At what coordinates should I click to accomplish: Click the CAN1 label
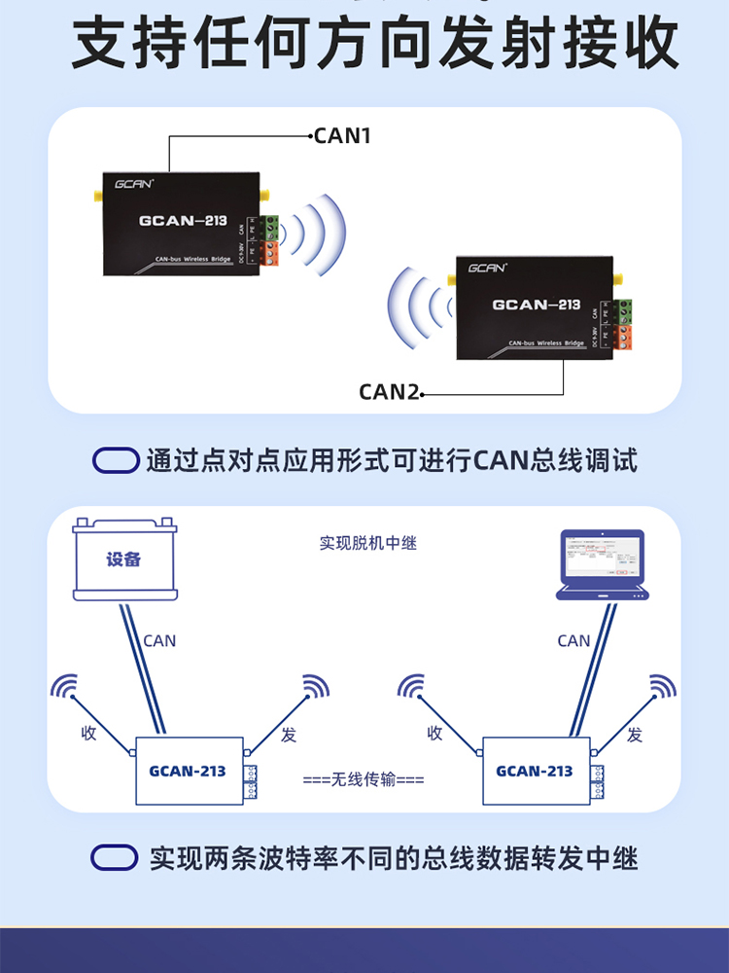343,136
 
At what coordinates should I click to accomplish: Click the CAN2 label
389,392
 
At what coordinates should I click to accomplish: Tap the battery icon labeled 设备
124,559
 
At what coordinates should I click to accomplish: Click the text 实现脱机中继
367,543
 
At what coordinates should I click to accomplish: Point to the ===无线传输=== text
364,779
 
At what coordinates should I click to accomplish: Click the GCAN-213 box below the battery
188,771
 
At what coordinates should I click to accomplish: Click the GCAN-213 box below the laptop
535,771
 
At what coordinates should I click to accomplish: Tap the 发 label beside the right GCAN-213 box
635,735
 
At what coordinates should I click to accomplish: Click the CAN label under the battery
159,640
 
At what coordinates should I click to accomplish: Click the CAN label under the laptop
573,640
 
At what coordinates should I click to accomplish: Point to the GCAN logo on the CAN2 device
486,268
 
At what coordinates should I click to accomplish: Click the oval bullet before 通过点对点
116,460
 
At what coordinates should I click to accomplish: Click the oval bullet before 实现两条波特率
115,857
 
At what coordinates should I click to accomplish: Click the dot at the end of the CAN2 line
424,395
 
